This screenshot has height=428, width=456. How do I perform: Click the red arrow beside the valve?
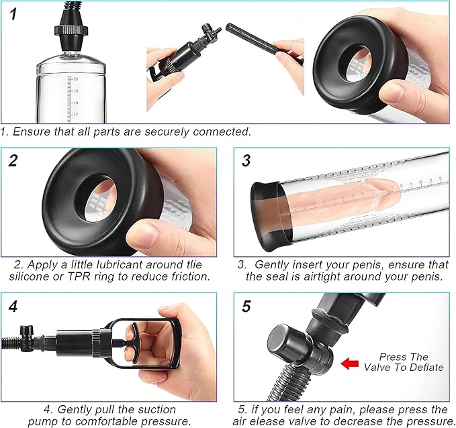[350, 364]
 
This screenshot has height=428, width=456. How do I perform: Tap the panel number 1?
[13, 14]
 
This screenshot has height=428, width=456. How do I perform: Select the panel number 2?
[13, 161]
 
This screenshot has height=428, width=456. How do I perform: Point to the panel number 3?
[246, 161]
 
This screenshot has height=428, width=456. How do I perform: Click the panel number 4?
[13, 307]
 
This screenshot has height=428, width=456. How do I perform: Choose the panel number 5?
[246, 307]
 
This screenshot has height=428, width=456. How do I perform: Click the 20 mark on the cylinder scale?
[75, 79]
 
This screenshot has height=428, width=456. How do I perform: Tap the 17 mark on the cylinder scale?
[75, 115]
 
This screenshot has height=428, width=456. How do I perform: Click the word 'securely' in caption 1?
[167, 131]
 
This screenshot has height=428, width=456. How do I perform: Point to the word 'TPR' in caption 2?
[79, 276]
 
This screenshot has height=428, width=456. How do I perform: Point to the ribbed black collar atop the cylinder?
[71, 30]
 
